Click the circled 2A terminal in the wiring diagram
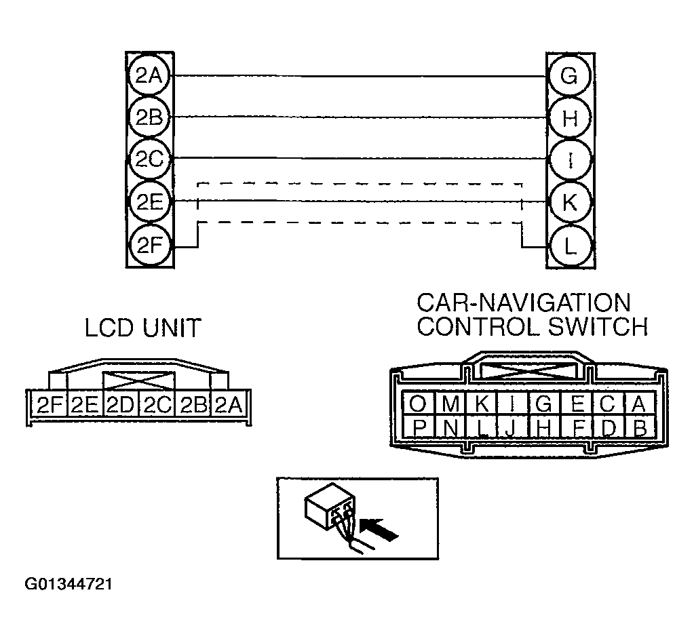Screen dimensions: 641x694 coord(149,75)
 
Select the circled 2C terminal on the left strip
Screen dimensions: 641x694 coord(149,159)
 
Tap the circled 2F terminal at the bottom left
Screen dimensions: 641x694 coord(149,245)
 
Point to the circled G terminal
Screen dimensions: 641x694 coord(568,75)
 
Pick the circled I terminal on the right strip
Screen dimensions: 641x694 coord(568,159)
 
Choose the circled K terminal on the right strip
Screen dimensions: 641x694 coord(568,202)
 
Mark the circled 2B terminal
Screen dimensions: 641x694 coord(149,117)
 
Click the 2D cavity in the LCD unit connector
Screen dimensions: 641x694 coord(121,406)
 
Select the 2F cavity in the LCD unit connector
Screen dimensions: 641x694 coord(50,406)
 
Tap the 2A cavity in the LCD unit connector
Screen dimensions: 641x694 coord(229,406)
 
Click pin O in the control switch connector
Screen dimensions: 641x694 coord(418,404)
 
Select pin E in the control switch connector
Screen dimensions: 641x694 coord(577,404)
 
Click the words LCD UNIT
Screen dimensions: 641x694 coord(143,329)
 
